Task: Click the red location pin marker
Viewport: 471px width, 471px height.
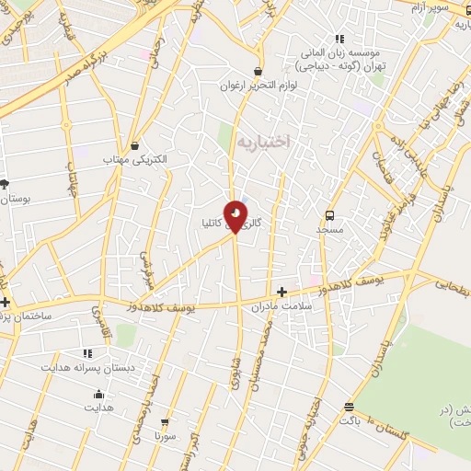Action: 235,215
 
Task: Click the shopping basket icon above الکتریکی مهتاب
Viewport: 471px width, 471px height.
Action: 136,145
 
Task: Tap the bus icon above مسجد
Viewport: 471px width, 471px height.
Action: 328,215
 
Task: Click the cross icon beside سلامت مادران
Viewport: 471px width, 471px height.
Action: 281,292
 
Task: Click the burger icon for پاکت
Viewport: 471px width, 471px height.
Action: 349,407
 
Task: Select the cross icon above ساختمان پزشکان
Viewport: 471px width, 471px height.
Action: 6,302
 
